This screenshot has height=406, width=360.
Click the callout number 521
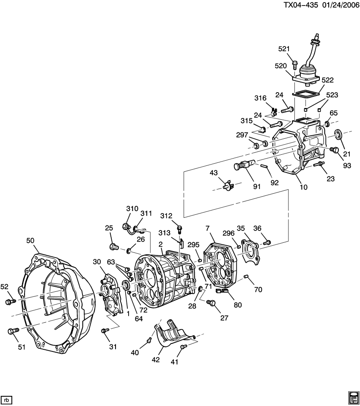tap(285, 49)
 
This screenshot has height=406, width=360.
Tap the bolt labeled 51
tap(11, 331)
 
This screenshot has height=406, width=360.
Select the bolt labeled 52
tap(9, 301)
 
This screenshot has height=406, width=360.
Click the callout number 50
tap(30, 241)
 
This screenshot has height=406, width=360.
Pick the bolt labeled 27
tap(212, 303)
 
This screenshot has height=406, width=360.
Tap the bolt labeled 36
tap(267, 243)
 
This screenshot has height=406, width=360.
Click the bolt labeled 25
tap(113, 246)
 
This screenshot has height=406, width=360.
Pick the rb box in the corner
tap(6, 399)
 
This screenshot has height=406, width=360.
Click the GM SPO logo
tap(353, 398)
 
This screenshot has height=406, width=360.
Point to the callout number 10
tap(304, 187)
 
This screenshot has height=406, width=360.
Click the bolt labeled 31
tap(103, 330)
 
